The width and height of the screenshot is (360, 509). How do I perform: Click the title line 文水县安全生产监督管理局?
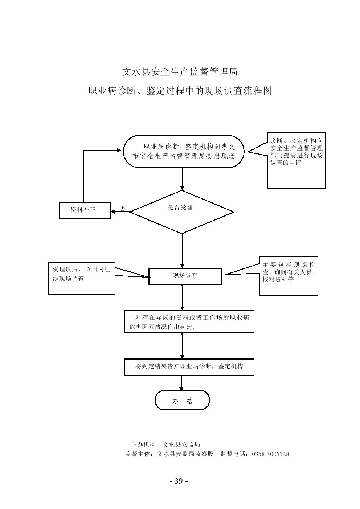click(x=180, y=72)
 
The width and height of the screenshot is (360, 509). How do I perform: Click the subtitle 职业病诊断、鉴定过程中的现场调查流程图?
click(x=180, y=91)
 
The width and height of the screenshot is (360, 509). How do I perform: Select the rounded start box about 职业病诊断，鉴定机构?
click(x=183, y=152)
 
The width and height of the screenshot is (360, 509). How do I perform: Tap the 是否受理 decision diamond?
click(x=182, y=212)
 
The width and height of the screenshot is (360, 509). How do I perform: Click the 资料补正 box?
click(x=85, y=210)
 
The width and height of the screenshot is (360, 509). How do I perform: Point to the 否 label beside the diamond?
click(x=123, y=209)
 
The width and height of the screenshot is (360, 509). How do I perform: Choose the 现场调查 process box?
click(x=185, y=276)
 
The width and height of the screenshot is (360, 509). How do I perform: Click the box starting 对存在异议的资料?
click(x=189, y=321)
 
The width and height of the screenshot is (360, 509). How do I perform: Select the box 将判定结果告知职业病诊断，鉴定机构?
click(x=189, y=367)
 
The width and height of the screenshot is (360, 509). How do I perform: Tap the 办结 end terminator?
click(x=182, y=401)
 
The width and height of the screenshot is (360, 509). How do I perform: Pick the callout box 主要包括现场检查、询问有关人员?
click(x=289, y=276)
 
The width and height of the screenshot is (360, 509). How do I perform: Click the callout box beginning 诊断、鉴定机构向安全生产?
click(x=296, y=160)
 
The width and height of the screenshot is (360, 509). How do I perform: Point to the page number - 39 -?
click(x=179, y=481)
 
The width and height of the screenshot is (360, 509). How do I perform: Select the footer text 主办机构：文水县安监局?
click(x=165, y=444)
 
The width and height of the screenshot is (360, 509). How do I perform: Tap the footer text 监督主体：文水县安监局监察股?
click(x=169, y=454)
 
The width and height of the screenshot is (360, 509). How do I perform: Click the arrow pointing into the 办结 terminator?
click(x=181, y=383)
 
